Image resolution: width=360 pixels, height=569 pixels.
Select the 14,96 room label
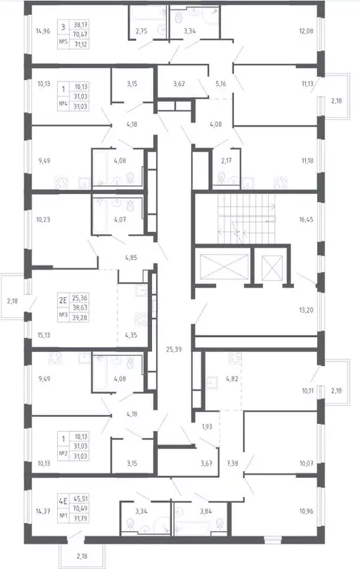(x=44, y=31)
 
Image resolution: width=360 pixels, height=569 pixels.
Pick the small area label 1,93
(x=207, y=429)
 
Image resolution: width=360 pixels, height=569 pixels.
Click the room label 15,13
(x=44, y=334)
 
